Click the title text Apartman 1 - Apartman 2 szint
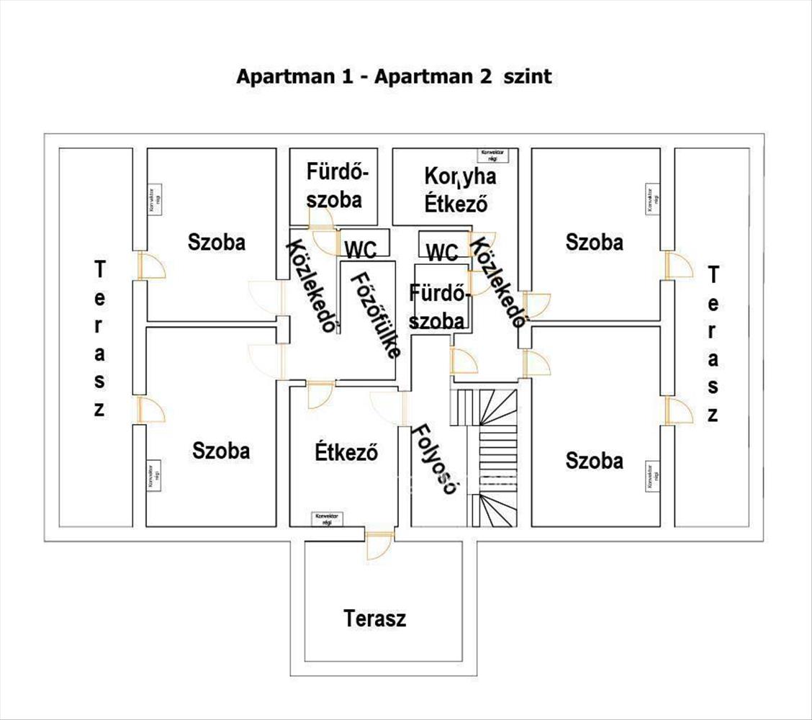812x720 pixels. [x=394, y=76]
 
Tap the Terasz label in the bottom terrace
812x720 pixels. [x=374, y=618]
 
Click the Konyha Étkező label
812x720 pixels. [x=459, y=189]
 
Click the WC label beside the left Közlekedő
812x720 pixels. [x=361, y=250]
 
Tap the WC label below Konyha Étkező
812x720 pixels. [x=442, y=253]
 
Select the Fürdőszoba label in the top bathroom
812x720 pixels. [x=333, y=186]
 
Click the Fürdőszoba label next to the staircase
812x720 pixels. [x=437, y=307]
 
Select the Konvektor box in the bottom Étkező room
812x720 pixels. [x=326, y=518]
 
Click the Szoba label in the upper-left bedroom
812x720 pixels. [x=216, y=242]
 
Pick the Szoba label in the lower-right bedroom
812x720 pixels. [x=594, y=460]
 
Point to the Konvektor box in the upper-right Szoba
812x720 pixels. [x=651, y=199]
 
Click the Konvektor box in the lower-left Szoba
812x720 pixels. [x=153, y=475]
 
